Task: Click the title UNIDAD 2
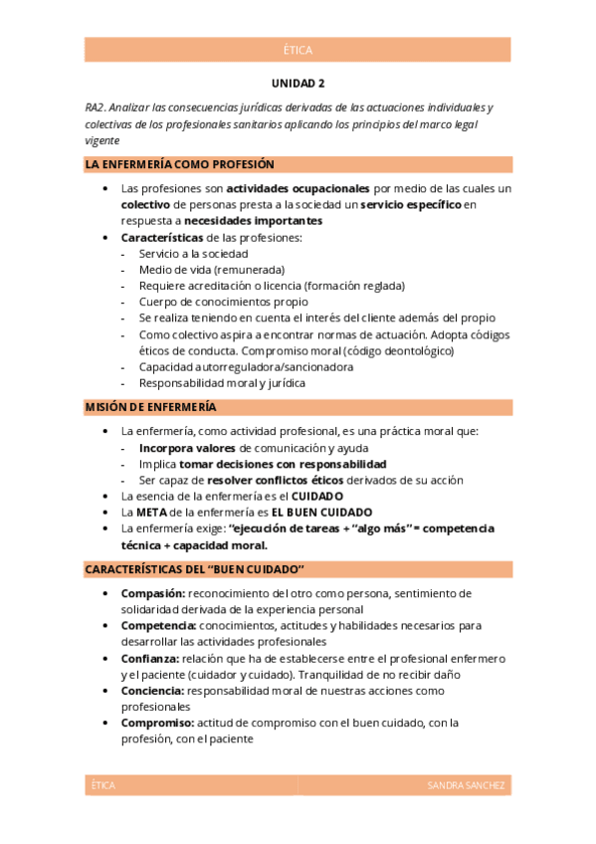click(x=298, y=85)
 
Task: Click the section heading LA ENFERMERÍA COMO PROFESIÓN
click(x=180, y=164)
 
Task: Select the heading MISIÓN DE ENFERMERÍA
click(x=151, y=407)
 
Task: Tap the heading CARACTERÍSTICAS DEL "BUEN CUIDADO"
click(x=194, y=569)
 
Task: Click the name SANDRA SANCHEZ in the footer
click(x=466, y=785)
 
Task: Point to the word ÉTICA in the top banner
click(x=298, y=50)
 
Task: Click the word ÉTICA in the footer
click(x=102, y=785)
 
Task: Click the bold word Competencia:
click(x=157, y=626)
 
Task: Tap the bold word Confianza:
click(x=150, y=659)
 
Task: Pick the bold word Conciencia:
click(x=152, y=691)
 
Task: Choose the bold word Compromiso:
click(x=157, y=723)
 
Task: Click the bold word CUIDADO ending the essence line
click(x=316, y=496)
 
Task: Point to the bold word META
click(x=151, y=512)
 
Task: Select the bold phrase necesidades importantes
click(x=253, y=220)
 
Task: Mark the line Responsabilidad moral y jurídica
click(x=222, y=382)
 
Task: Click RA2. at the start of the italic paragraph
click(x=97, y=107)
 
